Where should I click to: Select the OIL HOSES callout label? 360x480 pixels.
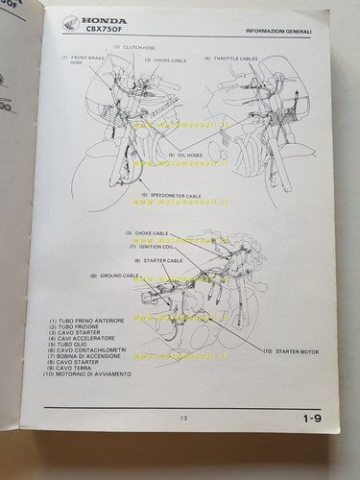(x=182, y=155)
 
